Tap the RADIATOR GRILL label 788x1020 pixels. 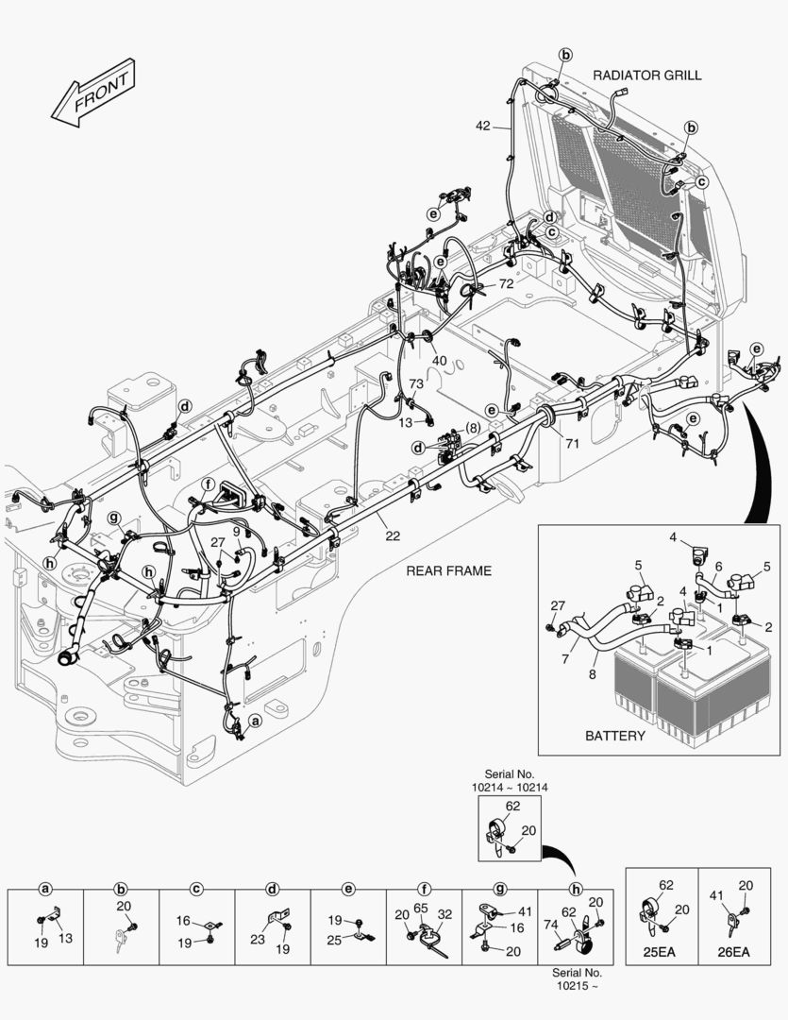coord(646,75)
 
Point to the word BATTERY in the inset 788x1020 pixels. coord(615,736)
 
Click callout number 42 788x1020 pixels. coord(482,126)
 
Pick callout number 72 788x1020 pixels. coord(506,283)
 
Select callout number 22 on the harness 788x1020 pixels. coord(392,536)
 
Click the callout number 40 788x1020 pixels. coord(439,360)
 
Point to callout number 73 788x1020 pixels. coord(416,383)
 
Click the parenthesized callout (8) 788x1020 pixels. coord(472,427)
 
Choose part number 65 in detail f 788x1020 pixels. coord(420,907)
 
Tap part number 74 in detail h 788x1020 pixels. coord(550,928)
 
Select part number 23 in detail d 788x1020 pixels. coord(258,940)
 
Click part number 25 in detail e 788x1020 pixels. coord(333,941)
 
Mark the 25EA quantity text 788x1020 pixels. coord(661,952)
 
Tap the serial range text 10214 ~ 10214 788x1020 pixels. coord(510,786)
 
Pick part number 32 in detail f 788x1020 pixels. coord(445,913)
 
